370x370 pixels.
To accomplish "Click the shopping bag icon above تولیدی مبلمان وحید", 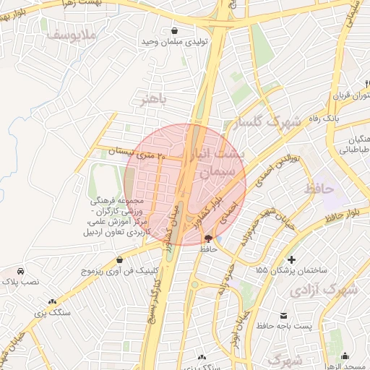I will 176,31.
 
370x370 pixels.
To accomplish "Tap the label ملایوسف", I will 68,35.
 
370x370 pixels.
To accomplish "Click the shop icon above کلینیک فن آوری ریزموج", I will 119,259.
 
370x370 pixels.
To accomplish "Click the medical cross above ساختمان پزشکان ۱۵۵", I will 291,259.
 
